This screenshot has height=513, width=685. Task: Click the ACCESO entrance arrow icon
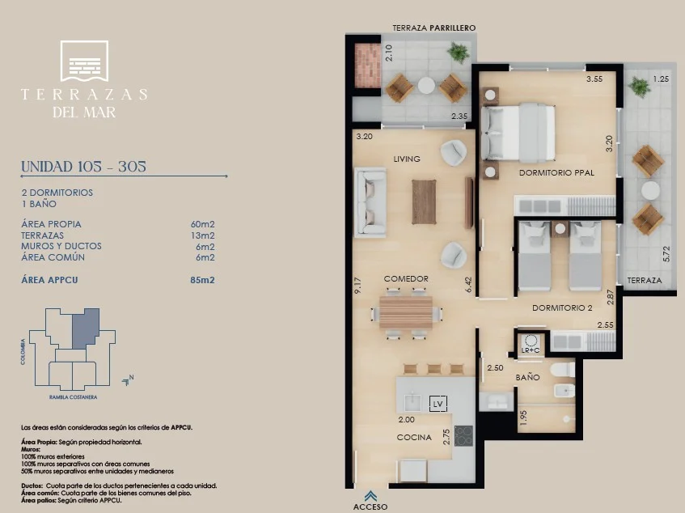coord(371,495)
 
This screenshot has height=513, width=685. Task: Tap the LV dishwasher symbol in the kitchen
coord(438,404)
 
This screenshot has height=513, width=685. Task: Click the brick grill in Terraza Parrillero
coord(367,66)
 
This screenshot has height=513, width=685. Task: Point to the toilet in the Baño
coord(564,370)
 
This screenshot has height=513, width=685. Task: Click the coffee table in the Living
coord(424,201)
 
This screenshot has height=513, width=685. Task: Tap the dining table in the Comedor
coord(406,312)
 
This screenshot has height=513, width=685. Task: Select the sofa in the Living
coord(370,202)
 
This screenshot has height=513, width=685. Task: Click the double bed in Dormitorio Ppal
coord(518,133)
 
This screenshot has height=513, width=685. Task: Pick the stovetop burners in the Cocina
coord(463,435)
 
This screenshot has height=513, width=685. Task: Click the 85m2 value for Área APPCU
coord(202,280)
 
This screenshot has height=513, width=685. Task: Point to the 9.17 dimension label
coord(357,286)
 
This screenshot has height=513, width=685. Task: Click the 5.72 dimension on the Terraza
coord(666,254)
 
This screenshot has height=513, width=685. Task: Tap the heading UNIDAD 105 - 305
coord(83,167)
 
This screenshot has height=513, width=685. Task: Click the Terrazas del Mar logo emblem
coord(84,61)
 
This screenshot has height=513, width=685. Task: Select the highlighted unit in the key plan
coord(86,328)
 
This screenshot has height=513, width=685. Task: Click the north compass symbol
coord(128,380)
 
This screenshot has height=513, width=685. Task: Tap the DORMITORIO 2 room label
coord(562,308)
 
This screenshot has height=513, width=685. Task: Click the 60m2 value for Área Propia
coord(203,224)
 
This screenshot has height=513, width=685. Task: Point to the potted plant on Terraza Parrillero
coord(459,53)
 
